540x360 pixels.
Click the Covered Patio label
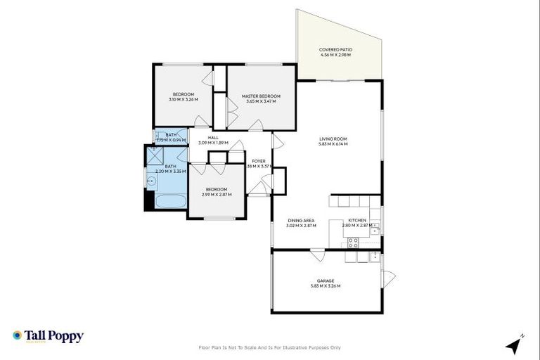tap(335, 49)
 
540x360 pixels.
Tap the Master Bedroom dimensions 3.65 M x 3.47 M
tap(261, 101)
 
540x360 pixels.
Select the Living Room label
tap(334, 139)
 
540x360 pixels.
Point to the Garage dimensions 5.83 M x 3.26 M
tap(325, 286)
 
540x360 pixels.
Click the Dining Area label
tap(300, 221)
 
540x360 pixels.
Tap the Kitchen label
tap(357, 221)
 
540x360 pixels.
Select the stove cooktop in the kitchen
tap(353, 243)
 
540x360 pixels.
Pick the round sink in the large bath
tap(150, 181)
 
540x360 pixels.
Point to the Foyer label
tap(259, 161)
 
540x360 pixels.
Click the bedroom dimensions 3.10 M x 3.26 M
tap(183, 99)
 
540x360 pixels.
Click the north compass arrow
tap(515, 345)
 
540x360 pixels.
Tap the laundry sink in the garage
tap(349, 257)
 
